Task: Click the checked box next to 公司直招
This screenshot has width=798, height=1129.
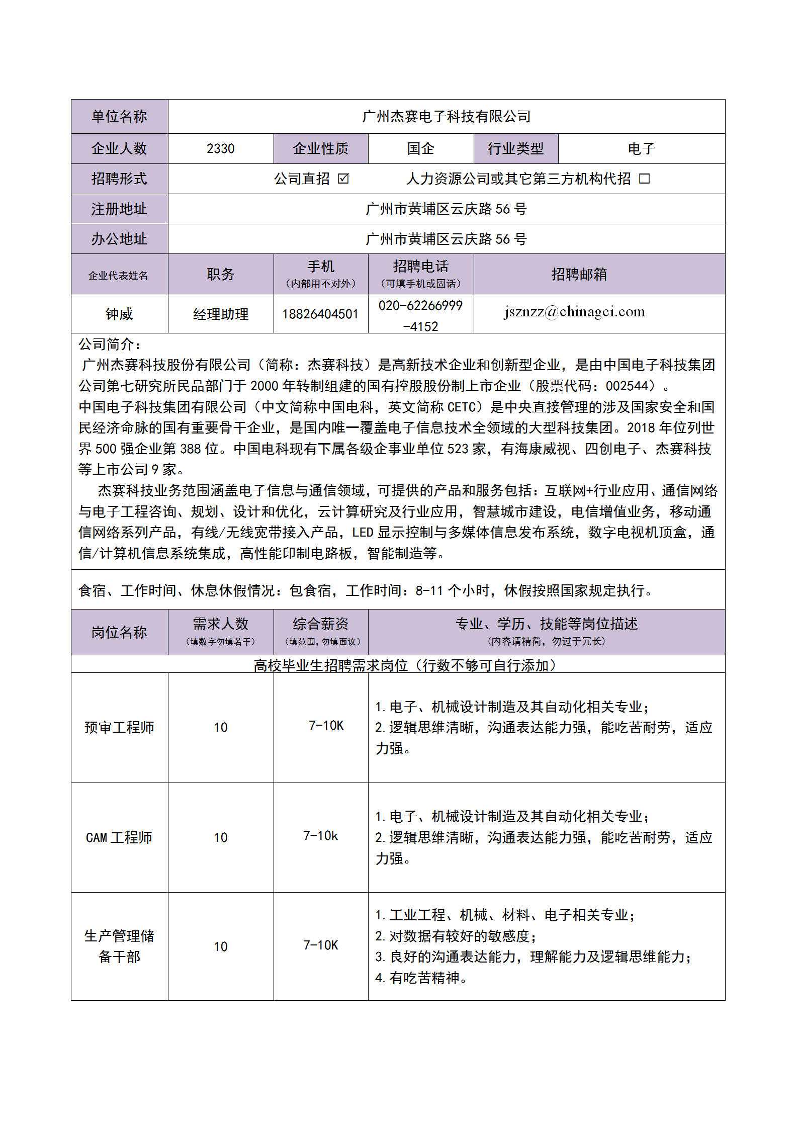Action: (x=343, y=179)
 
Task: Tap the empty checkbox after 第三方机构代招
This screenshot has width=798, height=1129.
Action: (x=644, y=179)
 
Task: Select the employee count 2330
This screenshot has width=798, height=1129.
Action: (x=220, y=149)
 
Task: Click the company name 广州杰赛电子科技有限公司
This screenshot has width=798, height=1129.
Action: (x=446, y=117)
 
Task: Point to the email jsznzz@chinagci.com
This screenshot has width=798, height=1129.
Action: (x=574, y=312)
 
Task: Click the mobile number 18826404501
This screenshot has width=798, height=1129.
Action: (x=320, y=314)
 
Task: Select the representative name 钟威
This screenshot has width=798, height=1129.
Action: (x=119, y=314)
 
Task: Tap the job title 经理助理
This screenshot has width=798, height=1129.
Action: (x=221, y=314)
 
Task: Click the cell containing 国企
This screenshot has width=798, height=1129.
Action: (x=420, y=149)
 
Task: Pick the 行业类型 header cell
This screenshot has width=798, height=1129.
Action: (x=515, y=149)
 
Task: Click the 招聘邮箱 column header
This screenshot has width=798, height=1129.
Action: (x=579, y=274)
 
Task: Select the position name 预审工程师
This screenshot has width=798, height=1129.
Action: (x=119, y=727)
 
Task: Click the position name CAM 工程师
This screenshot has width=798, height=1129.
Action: (x=119, y=837)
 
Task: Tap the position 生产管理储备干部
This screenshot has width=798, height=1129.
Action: (x=119, y=946)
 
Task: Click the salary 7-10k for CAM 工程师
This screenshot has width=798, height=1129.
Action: (x=320, y=836)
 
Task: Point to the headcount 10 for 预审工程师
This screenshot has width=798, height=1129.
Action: (x=220, y=728)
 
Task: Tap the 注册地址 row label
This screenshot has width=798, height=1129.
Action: (x=119, y=209)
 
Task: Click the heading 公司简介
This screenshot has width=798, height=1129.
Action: (x=109, y=344)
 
